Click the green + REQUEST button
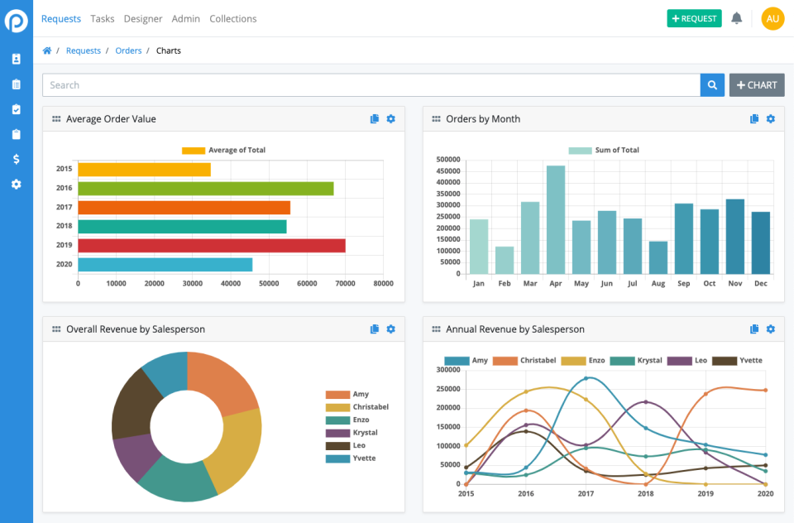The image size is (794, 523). point(694,18)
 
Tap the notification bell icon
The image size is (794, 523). point(736,18)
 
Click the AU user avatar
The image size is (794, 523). point(772,18)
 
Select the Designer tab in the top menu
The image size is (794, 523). point(143,18)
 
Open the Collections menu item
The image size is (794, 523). point(232,18)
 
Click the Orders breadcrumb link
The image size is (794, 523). point(128,50)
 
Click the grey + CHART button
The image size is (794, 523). point(756,85)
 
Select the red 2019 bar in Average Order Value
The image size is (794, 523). point(211,246)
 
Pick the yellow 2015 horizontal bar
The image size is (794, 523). point(144,169)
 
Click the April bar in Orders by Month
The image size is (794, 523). point(556,219)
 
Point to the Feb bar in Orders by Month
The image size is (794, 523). point(505,260)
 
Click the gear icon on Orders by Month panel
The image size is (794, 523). point(770,119)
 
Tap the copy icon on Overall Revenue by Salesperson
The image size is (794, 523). point(375,329)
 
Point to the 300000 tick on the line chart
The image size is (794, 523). point(447,370)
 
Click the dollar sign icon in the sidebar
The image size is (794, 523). point(16,159)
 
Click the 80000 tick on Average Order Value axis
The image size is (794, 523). point(383,283)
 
